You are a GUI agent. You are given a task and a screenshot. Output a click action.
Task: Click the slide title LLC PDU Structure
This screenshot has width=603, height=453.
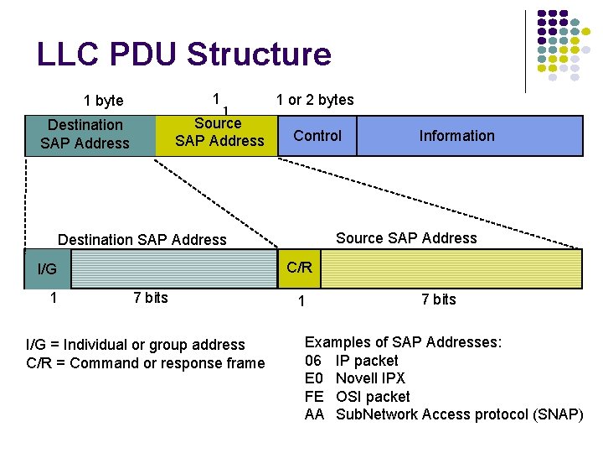pos(184,55)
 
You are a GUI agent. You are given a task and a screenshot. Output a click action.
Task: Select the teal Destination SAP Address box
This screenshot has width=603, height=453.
pos(85,134)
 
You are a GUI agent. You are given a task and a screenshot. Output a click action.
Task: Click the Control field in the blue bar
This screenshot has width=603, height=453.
pos(317,136)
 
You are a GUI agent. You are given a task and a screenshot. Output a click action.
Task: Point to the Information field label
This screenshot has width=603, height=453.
pos(456,136)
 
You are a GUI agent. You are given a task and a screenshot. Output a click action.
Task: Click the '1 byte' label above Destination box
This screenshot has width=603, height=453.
pos(104,101)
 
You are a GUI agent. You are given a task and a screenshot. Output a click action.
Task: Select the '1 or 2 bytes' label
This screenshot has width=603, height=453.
pos(315,100)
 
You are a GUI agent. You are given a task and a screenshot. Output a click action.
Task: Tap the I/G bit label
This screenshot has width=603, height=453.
pos(47,269)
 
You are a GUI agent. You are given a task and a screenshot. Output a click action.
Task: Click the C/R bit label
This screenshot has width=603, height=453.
pos(299,268)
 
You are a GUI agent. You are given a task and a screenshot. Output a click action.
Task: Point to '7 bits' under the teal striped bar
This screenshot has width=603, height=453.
pos(151,298)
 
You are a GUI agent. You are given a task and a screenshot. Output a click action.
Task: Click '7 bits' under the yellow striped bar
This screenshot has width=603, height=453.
pos(438,299)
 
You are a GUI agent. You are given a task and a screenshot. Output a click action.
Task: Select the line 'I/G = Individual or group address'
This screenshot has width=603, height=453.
pos(136,345)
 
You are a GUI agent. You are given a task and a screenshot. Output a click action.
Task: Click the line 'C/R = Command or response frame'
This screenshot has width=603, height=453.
pos(146,363)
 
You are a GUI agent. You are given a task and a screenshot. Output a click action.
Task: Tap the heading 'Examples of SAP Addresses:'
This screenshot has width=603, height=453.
pos(403,342)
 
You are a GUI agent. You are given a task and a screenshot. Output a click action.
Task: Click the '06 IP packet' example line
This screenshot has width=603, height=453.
pos(352,361)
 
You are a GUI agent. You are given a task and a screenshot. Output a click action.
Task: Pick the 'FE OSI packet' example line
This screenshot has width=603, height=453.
pos(358,397)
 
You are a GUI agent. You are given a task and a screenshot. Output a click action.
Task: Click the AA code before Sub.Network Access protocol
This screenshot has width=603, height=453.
pos(314,414)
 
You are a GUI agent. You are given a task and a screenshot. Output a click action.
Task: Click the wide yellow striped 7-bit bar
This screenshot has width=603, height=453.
pos(451,268)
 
